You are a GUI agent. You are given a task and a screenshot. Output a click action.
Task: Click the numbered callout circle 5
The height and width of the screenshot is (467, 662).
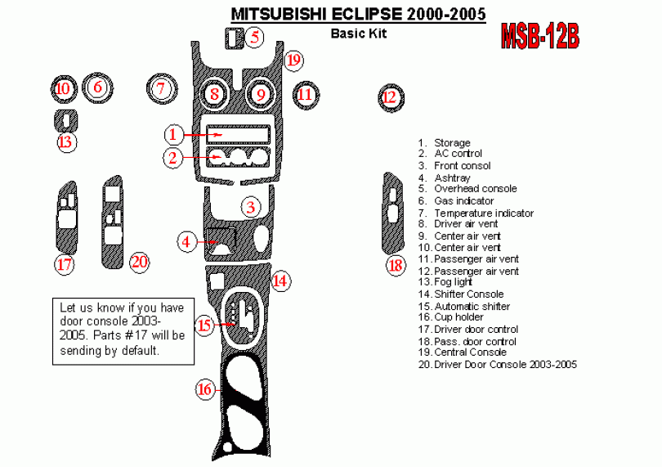(x=255, y=36)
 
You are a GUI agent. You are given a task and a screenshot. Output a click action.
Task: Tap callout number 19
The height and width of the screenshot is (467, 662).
(x=294, y=60)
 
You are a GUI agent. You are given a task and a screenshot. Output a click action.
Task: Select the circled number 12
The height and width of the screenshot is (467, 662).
(x=390, y=97)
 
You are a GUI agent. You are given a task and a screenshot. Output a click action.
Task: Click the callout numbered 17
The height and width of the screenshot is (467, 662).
(x=65, y=264)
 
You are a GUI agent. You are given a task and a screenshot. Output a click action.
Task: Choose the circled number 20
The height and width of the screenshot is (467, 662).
(x=139, y=262)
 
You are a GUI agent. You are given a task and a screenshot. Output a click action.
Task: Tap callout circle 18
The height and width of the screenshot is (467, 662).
(x=396, y=265)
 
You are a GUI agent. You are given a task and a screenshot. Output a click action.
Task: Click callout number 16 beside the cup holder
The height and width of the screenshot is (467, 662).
(x=205, y=389)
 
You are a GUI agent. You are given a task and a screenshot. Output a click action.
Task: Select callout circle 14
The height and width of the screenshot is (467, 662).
(x=280, y=281)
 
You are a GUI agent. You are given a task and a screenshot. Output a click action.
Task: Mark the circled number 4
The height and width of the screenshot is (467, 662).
(x=188, y=241)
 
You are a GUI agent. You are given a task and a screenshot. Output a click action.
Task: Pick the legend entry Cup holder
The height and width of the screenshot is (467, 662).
(x=458, y=317)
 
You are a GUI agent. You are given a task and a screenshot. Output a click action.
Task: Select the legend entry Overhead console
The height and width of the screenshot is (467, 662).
(x=475, y=189)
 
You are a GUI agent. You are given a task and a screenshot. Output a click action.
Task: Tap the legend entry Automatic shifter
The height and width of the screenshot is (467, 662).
(x=472, y=306)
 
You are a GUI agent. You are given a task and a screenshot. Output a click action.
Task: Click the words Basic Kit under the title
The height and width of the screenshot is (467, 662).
(x=358, y=34)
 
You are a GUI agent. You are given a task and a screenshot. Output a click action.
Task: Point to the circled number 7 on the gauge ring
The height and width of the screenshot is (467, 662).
(x=162, y=88)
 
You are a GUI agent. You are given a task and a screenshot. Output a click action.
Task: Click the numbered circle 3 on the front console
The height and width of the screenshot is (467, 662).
(x=252, y=207)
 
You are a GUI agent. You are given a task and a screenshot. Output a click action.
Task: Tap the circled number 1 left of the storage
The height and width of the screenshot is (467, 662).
(x=173, y=133)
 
